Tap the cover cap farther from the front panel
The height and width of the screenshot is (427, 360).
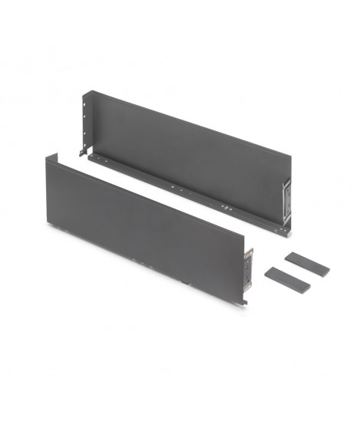(306, 264)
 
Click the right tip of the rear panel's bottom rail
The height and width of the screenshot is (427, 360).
(288, 229)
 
